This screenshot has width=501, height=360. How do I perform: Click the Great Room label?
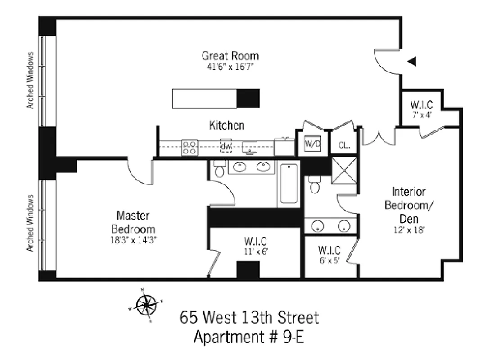(230, 56)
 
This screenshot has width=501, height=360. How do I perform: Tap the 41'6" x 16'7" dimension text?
(230, 67)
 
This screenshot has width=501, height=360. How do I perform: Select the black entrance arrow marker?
(411, 62)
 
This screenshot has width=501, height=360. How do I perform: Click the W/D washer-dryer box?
(313, 144)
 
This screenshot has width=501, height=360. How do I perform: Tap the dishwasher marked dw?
(226, 146)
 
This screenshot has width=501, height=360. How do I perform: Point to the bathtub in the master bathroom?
(289, 184)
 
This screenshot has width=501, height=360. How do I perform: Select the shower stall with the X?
(344, 171)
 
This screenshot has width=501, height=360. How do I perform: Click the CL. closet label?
(344, 146)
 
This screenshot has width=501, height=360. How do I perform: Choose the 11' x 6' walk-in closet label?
(255, 247)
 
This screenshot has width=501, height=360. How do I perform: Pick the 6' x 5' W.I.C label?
(329, 254)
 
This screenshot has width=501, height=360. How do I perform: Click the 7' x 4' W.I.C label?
(422, 108)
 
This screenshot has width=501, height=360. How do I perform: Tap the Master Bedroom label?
(133, 221)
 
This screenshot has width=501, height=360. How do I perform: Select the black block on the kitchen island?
(248, 99)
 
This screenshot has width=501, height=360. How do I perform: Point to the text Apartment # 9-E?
(248, 337)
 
